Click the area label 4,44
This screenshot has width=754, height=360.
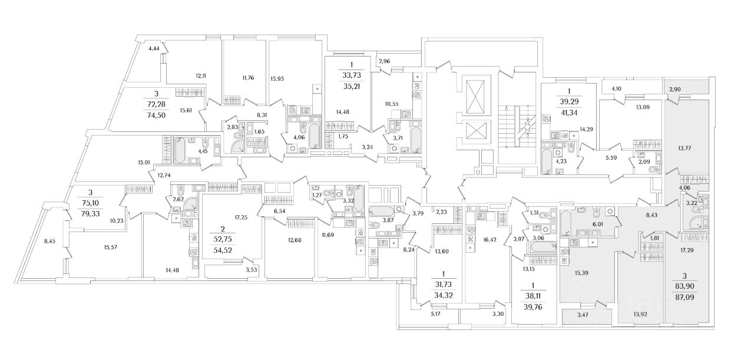pos(154,48)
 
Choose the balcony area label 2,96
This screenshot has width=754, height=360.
pos(385,61)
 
